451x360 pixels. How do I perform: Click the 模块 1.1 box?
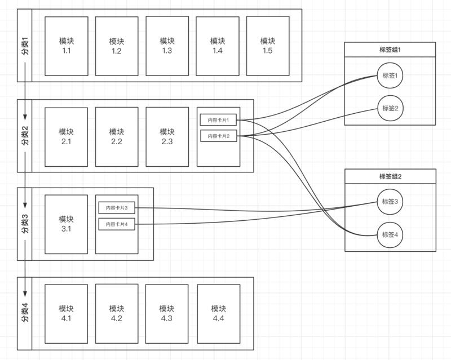point(66,46)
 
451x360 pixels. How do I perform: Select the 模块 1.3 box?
point(167,46)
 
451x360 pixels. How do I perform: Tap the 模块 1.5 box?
point(268,46)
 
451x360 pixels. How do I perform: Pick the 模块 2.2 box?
point(117,137)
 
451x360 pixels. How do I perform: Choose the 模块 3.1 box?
point(66,224)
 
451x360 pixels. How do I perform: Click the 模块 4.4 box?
point(219,313)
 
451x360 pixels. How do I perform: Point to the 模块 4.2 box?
point(117,313)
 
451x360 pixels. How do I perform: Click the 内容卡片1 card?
point(218,119)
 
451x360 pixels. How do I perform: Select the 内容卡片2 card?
point(218,136)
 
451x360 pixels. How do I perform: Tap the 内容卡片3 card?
point(117,208)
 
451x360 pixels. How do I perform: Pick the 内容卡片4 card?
point(117,224)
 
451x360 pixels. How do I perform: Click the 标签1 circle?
point(390,76)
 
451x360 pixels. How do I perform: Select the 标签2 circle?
point(390,108)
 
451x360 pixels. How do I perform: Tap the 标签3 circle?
point(390,202)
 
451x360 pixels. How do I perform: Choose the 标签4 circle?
point(390,234)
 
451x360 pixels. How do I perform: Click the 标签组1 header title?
point(390,50)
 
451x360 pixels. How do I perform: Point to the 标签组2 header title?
point(390,176)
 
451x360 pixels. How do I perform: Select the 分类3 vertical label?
point(25,224)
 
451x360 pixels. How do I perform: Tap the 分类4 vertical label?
point(25,313)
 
